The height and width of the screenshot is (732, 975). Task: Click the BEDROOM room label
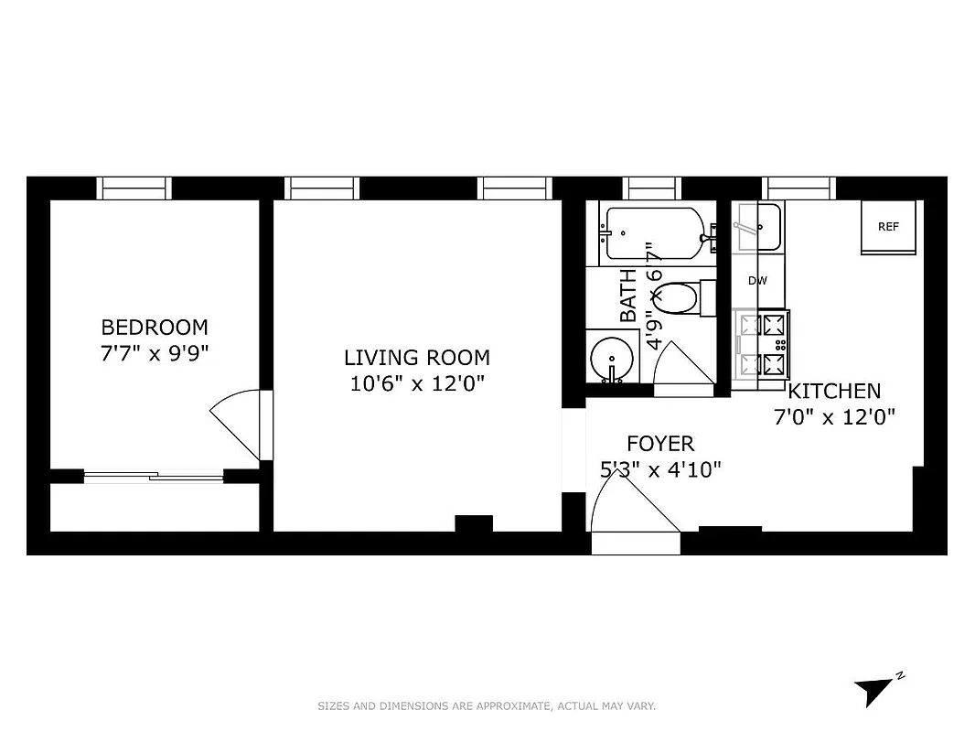[154, 327]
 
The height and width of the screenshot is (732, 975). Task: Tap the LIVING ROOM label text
[416, 358]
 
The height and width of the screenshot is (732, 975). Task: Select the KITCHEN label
[834, 392]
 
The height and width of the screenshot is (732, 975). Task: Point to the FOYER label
[659, 444]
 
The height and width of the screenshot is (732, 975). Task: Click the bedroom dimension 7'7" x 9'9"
[154, 353]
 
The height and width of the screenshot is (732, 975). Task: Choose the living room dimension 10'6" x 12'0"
[416, 384]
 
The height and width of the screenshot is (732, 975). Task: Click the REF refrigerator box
[888, 227]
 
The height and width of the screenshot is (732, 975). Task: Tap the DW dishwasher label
[757, 281]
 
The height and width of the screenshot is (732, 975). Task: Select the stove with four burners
[761, 345]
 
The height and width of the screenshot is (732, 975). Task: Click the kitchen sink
[757, 227]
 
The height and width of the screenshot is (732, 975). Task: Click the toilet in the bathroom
[681, 298]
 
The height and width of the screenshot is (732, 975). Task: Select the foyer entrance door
[633, 517]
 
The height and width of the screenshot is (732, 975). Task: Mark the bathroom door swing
[682, 369]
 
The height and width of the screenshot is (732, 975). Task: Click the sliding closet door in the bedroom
[154, 475]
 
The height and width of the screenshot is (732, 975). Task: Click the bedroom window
[134, 188]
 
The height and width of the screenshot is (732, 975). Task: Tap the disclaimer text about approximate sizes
[487, 705]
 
